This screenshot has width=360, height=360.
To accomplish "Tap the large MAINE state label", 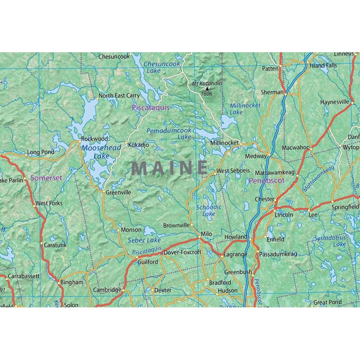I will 170,168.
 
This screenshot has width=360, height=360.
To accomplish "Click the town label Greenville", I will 118,192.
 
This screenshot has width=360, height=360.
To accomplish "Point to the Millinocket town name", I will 224,143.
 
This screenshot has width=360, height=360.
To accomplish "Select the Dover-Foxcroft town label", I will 182,253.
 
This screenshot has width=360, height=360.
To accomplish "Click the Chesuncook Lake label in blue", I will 162,67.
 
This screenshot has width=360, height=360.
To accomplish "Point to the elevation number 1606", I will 207,94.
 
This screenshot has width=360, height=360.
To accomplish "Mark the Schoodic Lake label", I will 209,211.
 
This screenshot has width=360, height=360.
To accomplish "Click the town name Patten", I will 270,69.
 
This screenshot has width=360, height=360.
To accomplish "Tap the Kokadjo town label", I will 138,145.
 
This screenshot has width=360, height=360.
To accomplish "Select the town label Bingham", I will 72,283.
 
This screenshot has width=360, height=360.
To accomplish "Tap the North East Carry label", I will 119,96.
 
